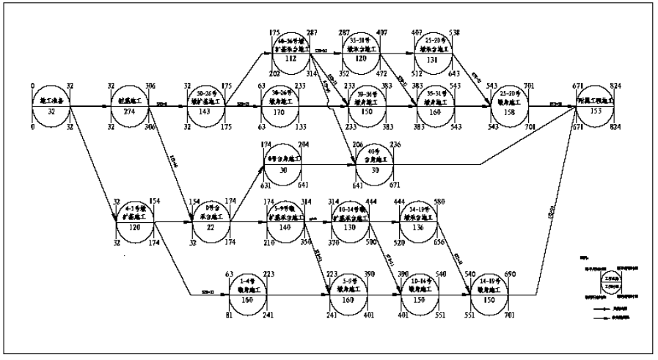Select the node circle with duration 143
(x=206, y=106)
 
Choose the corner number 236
(x=396, y=144)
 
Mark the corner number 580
(x=440, y=202)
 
